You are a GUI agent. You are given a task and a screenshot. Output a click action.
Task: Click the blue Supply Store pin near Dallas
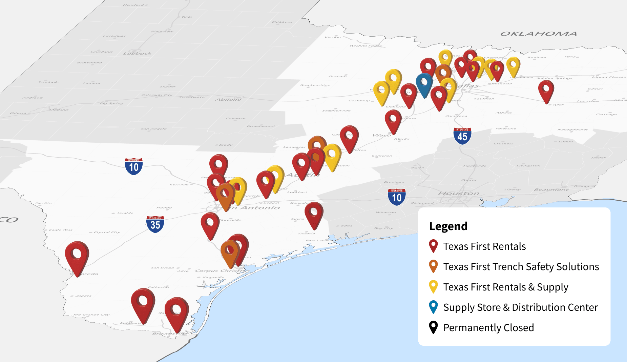point(424,83)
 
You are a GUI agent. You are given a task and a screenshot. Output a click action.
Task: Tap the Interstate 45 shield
point(462,136)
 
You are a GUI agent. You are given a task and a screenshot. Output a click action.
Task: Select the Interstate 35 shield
point(155,224)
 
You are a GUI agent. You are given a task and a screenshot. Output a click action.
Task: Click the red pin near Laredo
point(77,256)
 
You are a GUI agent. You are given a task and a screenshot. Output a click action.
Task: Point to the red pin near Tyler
point(546,90)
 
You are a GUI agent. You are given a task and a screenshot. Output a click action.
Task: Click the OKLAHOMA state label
point(539,34)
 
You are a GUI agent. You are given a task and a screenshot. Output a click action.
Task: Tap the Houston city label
point(459,193)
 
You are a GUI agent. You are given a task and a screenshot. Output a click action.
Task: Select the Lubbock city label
point(137,53)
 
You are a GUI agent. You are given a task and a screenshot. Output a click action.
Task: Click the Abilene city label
point(228,99)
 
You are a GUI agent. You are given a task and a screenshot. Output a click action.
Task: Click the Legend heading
point(448,226)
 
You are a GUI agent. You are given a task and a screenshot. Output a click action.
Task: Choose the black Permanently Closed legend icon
point(433,327)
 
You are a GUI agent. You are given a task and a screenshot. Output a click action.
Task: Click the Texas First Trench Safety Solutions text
point(521,267)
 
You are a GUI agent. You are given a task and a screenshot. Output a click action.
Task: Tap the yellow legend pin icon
point(433,286)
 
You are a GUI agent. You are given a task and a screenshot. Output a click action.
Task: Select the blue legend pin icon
point(433,307)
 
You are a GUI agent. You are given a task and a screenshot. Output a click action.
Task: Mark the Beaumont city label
point(551,189)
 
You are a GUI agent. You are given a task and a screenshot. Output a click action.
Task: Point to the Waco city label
point(382,135)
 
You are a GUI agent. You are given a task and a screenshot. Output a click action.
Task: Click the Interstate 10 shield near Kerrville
point(134,166)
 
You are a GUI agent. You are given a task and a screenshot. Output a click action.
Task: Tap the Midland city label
point(59,109)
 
